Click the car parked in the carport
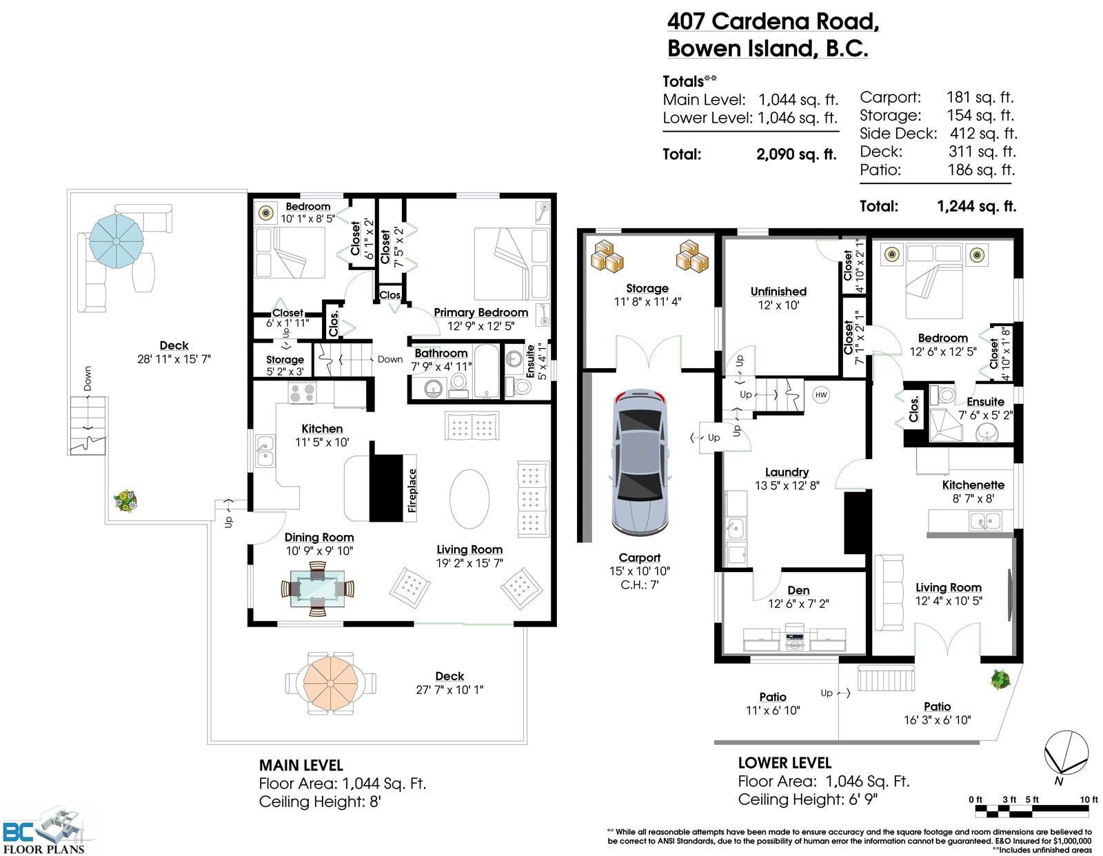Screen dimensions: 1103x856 pos(640,462)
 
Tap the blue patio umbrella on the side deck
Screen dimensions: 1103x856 pos(117,241)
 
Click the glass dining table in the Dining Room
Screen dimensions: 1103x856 pos(318,589)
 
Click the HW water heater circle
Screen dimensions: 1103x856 pos(821,395)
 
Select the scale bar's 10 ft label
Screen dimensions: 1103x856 pos(1089,799)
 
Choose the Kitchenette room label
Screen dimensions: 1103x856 pos(973,485)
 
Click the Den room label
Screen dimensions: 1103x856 pos(798,590)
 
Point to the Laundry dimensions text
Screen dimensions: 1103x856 pos(787,486)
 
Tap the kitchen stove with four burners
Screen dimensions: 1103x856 pos(302,394)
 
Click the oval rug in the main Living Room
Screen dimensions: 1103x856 pos(469,499)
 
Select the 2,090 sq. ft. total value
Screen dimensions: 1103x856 pos(796,154)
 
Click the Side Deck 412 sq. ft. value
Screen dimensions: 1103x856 pos(984,134)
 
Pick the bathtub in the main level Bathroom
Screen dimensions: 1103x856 pos(487,371)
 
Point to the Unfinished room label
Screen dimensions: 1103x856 pos(778,292)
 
